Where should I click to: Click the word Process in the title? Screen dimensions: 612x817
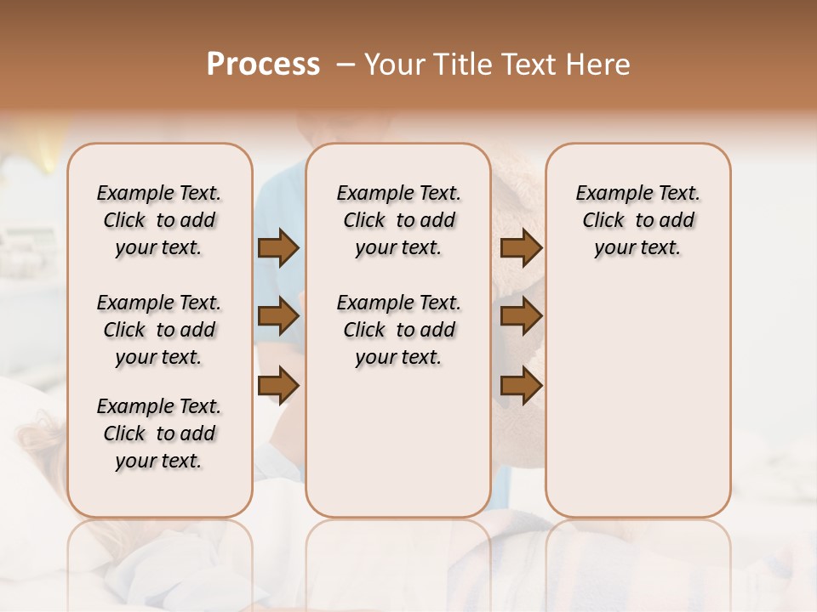[263, 65]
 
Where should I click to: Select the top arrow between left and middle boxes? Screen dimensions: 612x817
[278, 248]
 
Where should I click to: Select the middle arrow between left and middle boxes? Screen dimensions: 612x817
[278, 317]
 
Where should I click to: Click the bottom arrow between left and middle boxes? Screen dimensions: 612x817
[278, 385]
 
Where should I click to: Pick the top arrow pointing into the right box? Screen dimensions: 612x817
[521, 248]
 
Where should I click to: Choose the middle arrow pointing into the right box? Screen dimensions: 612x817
[521, 317]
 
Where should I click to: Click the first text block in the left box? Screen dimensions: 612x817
[159, 220]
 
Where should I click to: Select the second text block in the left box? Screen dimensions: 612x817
[159, 330]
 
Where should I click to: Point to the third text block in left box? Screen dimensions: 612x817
[159, 433]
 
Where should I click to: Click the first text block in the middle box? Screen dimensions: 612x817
[398, 220]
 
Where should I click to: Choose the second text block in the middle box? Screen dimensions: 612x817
[398, 330]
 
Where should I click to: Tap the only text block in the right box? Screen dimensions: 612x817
[637, 220]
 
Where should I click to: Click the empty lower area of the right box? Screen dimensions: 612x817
[637, 399]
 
